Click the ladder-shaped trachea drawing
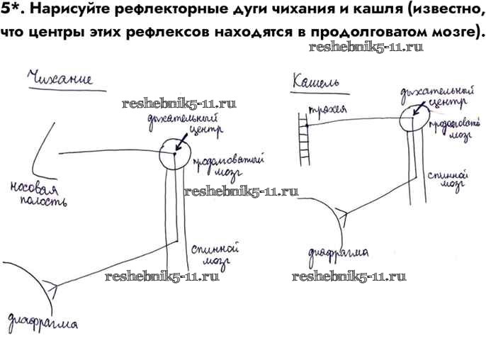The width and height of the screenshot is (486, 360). pos(307,142)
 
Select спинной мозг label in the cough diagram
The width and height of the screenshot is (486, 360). pos(447,176)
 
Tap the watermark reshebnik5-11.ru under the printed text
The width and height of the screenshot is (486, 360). pos(366,47)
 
